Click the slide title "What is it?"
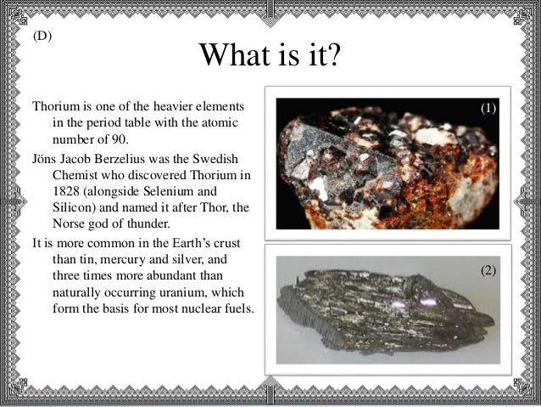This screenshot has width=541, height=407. point(270,58)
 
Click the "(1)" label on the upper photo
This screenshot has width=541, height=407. point(488,109)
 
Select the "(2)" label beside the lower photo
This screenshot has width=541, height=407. point(488,270)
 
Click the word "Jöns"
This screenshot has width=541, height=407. point(46,159)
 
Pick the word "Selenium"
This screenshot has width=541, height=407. point(186,191)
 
